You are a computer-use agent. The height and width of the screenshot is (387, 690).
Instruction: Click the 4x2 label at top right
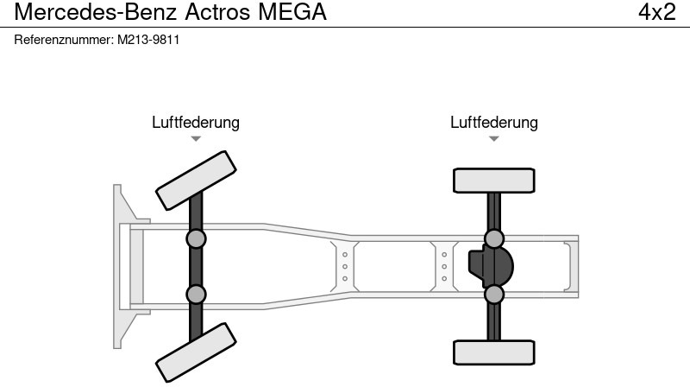pyautogui.click(x=656, y=13)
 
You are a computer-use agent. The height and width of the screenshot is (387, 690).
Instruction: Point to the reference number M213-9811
pyautogui.click(x=148, y=40)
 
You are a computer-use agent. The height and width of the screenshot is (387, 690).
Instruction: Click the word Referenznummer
pyautogui.click(x=64, y=40)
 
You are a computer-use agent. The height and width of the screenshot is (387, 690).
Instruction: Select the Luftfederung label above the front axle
pyautogui.click(x=196, y=123)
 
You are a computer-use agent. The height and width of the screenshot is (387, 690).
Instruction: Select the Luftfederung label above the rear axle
pyautogui.click(x=494, y=123)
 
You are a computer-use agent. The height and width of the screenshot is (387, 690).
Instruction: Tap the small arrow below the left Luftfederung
pyautogui.click(x=196, y=138)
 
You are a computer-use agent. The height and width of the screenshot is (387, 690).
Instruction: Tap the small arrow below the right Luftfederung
pyautogui.click(x=494, y=138)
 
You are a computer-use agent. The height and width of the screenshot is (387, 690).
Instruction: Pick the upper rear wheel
pyautogui.click(x=494, y=181)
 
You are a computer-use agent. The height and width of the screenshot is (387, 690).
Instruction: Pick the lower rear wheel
pyautogui.click(x=494, y=352)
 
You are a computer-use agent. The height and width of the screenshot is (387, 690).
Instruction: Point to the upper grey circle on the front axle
pyautogui.click(x=196, y=238)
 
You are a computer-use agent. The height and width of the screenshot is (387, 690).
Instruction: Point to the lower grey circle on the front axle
pyautogui.click(x=196, y=294)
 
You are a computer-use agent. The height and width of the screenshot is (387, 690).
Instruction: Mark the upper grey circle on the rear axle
pyautogui.click(x=494, y=238)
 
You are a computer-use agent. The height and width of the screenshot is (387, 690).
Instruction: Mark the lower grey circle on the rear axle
pyautogui.click(x=494, y=295)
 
